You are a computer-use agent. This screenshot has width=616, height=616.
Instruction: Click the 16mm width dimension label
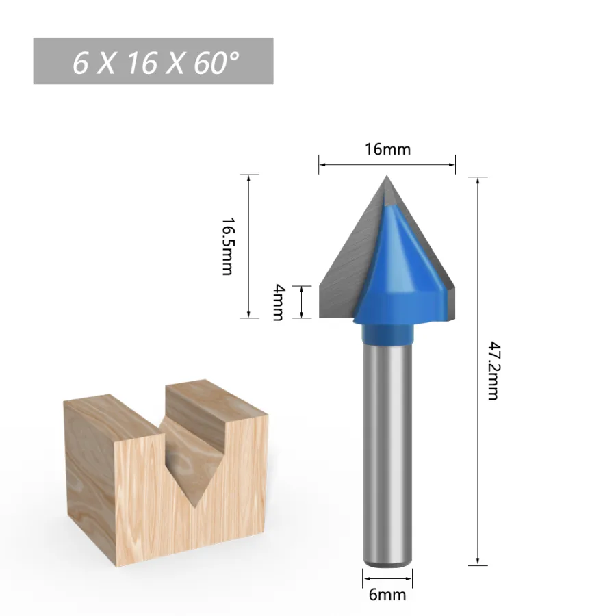[x=388, y=149]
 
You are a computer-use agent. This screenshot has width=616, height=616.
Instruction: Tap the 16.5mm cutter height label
[x=228, y=246]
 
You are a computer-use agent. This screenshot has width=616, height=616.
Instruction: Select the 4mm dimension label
[x=278, y=302]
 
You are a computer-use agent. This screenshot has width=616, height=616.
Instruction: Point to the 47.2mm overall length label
[x=493, y=370]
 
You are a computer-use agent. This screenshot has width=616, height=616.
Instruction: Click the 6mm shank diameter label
[x=387, y=594]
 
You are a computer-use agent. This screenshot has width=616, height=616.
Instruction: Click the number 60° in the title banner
[x=216, y=62]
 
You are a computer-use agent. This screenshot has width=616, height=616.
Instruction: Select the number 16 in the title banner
[x=142, y=63]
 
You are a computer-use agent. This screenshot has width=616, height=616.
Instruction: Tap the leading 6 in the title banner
[x=81, y=63]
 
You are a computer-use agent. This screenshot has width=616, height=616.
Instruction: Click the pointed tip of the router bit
[x=387, y=176]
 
